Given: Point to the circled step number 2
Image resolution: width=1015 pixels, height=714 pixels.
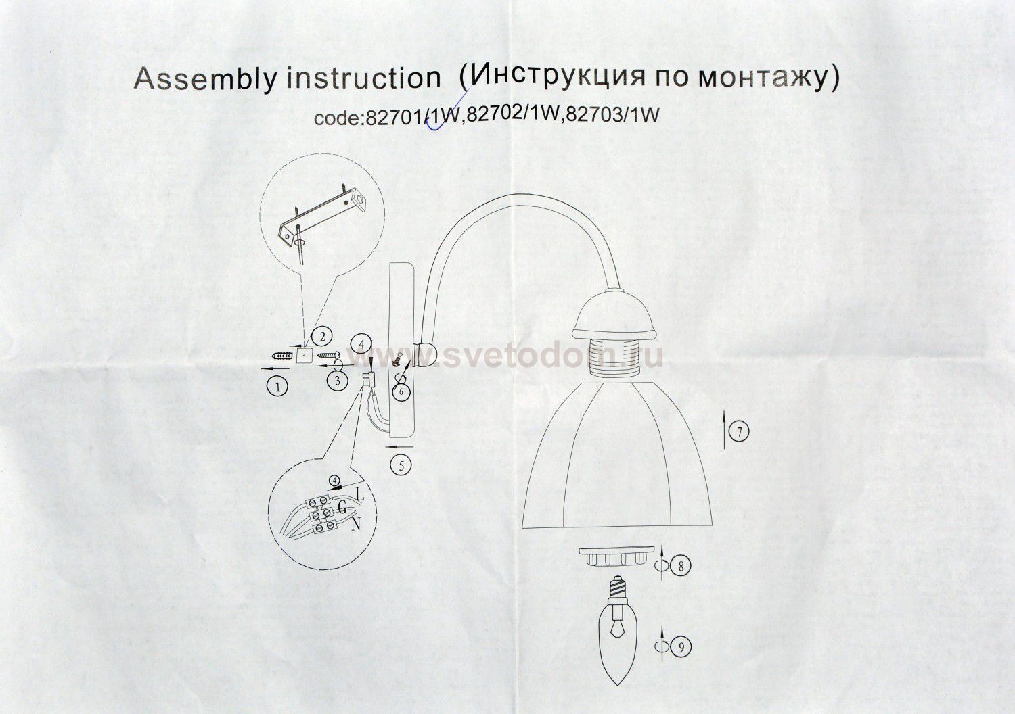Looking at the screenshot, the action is pos(321,337).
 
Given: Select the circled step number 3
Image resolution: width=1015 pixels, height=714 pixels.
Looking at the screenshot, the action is pos(337,381).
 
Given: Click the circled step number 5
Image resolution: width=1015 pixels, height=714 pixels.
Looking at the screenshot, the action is pos(400,465).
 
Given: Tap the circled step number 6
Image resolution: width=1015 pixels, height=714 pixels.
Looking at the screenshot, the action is pos(401,391).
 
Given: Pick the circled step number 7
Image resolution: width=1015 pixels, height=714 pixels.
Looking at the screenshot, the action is pos(739,432).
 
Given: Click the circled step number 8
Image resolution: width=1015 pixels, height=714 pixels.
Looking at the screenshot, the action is pos(681,565).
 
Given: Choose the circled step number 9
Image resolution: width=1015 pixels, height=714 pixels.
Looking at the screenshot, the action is pos(681,646).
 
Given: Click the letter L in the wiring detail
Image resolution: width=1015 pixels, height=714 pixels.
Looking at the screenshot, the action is pos(360,495).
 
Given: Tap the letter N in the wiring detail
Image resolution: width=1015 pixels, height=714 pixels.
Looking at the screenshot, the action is pos(356,524).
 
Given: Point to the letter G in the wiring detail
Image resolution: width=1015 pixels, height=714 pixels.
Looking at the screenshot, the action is pos(342,508).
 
